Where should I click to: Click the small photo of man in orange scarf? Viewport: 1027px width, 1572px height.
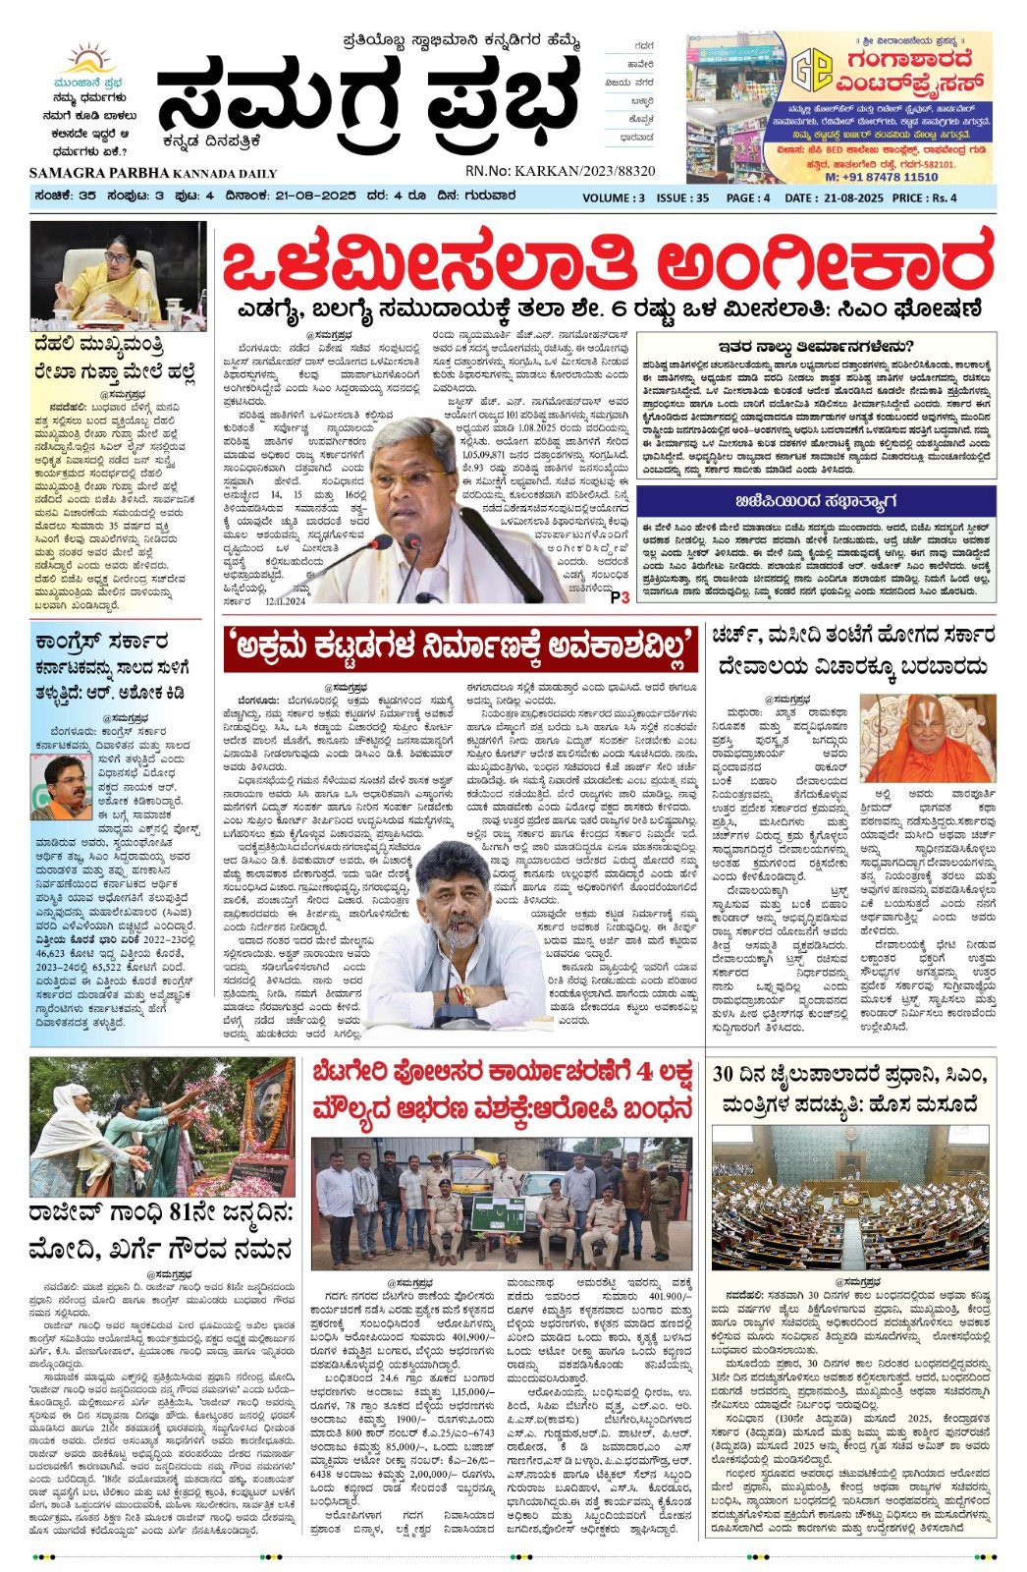coord(61,786)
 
